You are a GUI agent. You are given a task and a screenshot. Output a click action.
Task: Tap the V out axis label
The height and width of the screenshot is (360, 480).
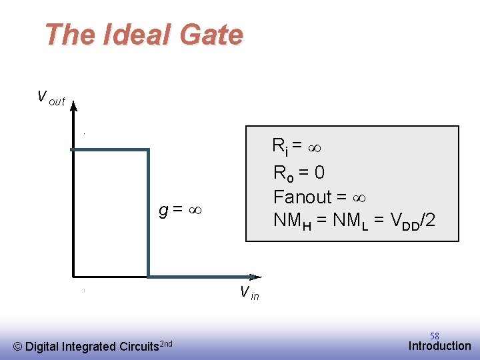(x=51, y=99)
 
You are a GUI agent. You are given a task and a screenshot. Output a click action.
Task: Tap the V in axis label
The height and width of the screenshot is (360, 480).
(x=249, y=292)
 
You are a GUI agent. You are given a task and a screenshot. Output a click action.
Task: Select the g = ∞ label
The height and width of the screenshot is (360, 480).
(x=180, y=211)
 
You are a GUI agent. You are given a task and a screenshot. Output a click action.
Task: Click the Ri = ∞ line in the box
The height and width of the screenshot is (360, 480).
(x=297, y=145)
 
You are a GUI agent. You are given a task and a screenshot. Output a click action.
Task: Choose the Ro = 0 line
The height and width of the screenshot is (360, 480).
(x=299, y=173)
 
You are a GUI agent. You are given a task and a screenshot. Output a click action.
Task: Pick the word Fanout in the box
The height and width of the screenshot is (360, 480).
(x=302, y=197)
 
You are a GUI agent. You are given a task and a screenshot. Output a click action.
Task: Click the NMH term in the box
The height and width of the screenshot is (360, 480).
(x=292, y=220)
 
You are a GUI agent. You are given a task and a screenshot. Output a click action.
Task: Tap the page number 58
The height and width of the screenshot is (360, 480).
(x=434, y=336)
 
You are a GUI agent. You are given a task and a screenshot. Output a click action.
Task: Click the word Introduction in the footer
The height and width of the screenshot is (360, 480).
(x=439, y=346)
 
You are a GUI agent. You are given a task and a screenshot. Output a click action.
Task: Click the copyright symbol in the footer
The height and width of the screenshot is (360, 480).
(x=18, y=347)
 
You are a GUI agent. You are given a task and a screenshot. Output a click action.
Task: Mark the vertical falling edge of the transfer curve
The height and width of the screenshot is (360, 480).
(x=148, y=213)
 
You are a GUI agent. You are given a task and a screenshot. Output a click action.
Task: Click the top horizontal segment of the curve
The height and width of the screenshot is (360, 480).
(x=110, y=150)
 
